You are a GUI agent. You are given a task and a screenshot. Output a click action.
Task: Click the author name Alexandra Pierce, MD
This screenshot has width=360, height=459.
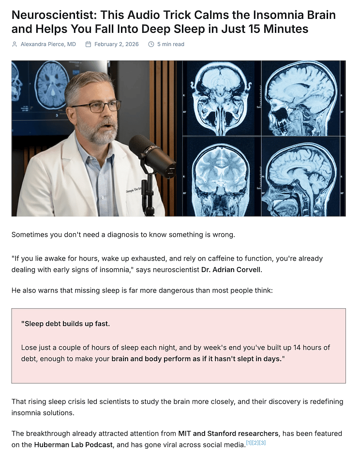tap(48, 44)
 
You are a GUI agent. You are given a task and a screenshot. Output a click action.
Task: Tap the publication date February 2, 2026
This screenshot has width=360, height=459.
tap(116, 44)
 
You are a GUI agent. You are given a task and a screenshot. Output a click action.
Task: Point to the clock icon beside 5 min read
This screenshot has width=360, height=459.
tap(151, 44)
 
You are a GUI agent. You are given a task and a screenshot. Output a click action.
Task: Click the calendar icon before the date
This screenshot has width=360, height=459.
tap(88, 44)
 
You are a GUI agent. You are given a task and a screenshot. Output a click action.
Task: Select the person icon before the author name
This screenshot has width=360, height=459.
tap(15, 44)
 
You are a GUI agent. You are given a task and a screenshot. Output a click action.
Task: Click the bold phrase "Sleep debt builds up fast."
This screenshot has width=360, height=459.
tap(65, 323)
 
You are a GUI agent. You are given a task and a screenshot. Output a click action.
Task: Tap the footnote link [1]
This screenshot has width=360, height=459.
tap(249, 443)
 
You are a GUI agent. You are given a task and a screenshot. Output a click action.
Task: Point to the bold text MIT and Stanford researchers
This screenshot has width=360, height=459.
tap(228, 433)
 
